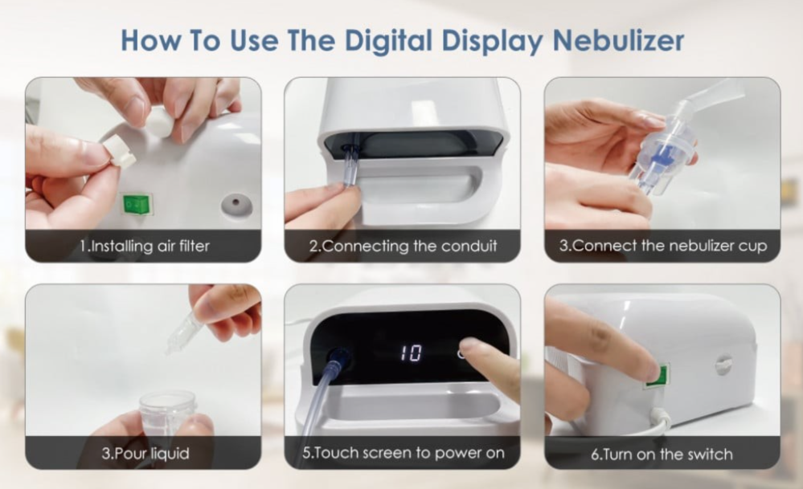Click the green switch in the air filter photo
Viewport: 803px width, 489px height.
click(136, 205)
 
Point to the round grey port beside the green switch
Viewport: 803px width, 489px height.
click(237, 205)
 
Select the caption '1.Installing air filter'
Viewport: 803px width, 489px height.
click(145, 246)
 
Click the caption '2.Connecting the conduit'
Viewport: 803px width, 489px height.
click(403, 246)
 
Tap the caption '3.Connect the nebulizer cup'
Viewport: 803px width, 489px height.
click(662, 246)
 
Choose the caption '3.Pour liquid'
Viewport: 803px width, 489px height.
click(145, 453)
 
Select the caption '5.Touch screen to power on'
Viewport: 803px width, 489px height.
click(403, 453)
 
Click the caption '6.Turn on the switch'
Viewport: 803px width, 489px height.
click(662, 454)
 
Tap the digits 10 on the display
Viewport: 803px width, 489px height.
click(411, 352)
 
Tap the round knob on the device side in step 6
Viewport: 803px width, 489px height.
click(723, 365)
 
